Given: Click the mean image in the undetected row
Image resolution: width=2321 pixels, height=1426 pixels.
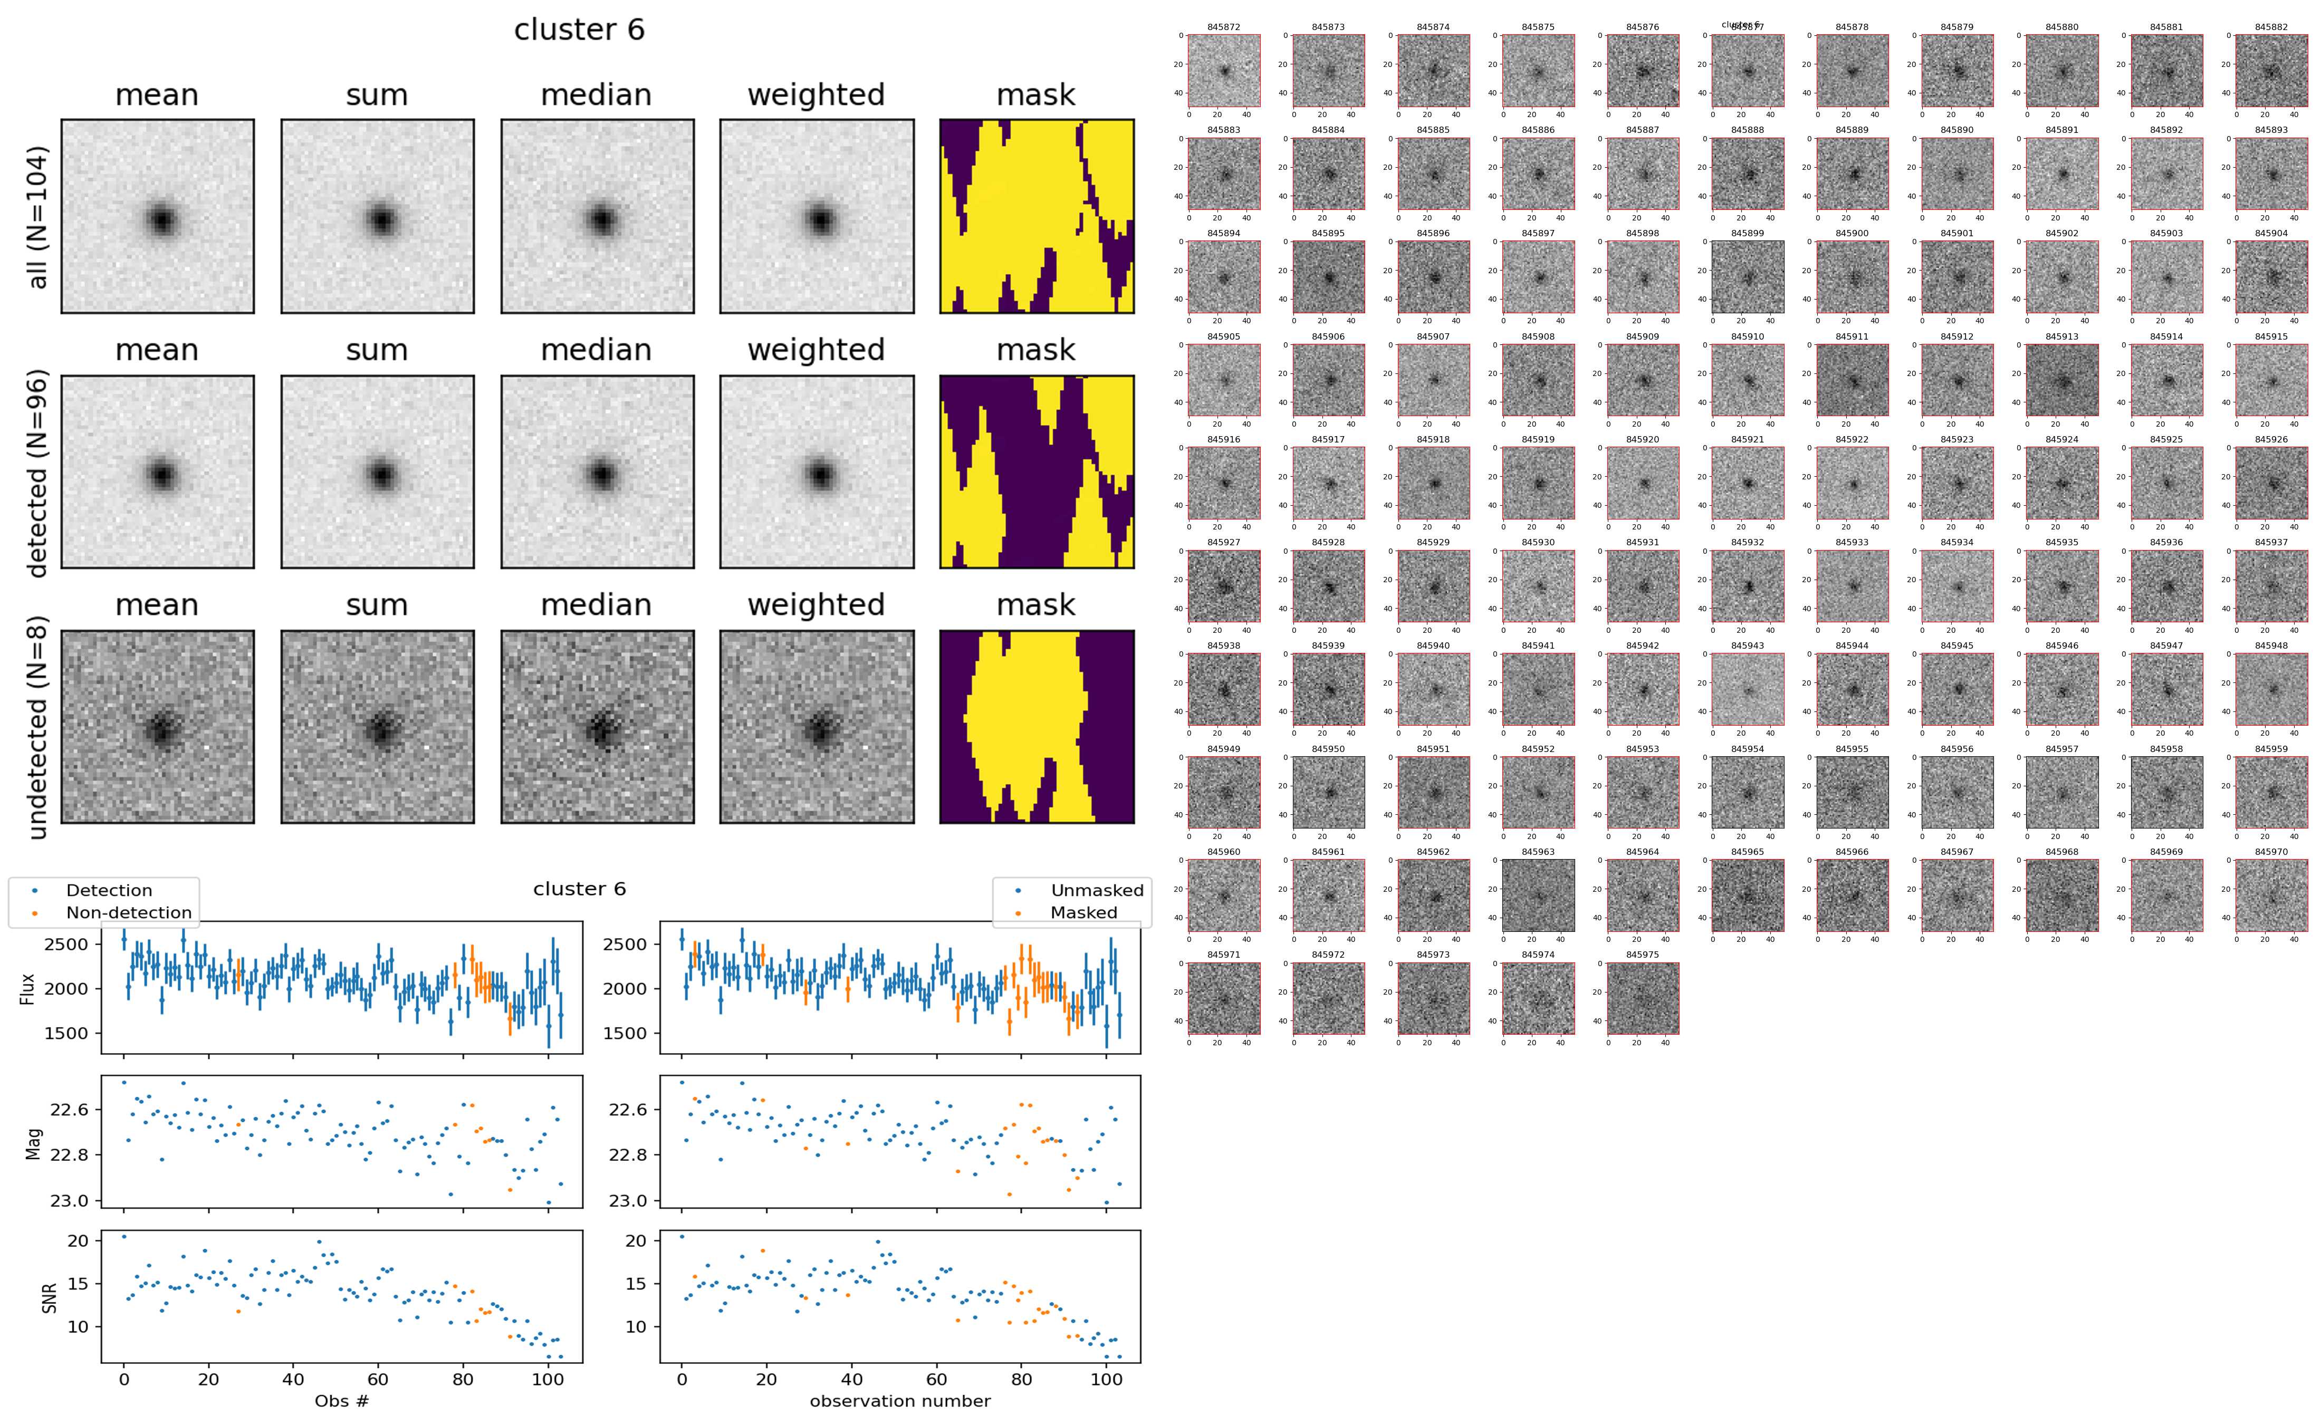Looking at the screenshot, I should point(158,726).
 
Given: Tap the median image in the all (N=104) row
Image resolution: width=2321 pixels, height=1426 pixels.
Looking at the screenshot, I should point(597,216).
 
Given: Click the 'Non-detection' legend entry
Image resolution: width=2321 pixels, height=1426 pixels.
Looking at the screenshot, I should point(128,912).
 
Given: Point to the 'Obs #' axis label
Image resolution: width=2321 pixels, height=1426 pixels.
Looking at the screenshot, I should point(341,1401).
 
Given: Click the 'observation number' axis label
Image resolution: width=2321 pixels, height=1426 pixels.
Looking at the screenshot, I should point(900,1401).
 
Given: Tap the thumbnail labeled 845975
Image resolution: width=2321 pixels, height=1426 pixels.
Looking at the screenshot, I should point(1642,998).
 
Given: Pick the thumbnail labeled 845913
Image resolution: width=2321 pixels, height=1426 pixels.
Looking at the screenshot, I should point(2061,380).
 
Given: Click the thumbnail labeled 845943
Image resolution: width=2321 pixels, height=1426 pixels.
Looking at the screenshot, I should point(1748,689).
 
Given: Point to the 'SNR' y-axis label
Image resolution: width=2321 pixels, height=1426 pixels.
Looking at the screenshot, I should point(49,1297).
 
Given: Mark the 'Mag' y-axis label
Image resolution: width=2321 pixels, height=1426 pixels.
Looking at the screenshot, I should point(34,1142).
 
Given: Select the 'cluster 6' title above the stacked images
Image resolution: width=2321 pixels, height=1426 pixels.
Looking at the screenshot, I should point(579,30).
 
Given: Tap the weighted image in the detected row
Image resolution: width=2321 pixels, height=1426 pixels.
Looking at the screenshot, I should point(817,471).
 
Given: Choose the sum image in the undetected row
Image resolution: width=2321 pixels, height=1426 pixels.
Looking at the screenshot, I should point(377,726).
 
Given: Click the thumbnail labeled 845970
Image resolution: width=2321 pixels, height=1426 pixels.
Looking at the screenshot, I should point(2271,895).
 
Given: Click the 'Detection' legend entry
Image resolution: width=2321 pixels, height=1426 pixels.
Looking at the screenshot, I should point(109,890).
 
